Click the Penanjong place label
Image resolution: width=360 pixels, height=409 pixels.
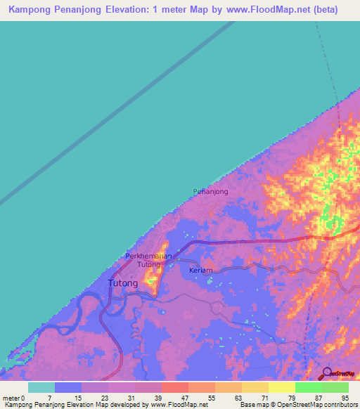[210, 191]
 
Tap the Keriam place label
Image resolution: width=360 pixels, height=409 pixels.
[201, 270]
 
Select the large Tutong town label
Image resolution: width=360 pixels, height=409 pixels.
[122, 283]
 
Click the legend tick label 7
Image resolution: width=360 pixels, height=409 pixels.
[50, 398]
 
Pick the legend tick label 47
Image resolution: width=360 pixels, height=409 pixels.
[184, 398]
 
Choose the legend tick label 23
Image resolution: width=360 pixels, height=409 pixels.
[103, 398]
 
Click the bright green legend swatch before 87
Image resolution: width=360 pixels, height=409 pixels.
[308, 387]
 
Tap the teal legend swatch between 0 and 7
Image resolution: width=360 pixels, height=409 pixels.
[41, 387]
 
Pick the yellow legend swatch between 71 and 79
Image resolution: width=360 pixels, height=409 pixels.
[281, 387]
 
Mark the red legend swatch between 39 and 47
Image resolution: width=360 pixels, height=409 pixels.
[174, 387]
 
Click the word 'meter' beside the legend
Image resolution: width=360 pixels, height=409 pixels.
[11, 398]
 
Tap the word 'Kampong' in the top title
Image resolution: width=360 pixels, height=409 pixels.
[31, 10]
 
